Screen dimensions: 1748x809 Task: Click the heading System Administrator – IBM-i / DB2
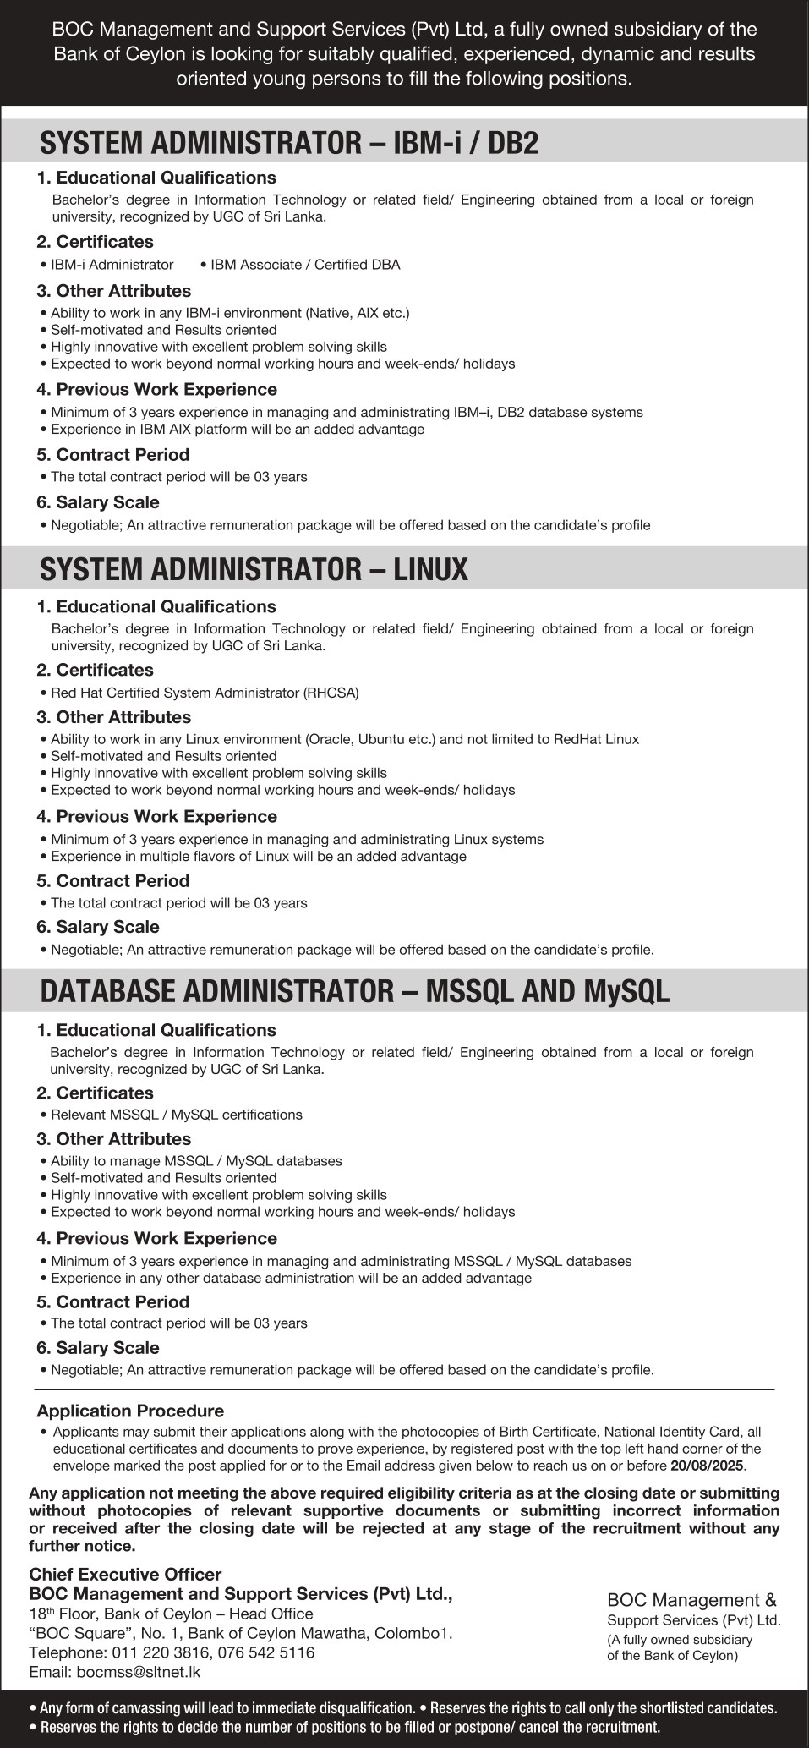(x=289, y=143)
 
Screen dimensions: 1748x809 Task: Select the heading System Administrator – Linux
(x=254, y=569)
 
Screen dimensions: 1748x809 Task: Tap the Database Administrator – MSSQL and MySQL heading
(x=355, y=991)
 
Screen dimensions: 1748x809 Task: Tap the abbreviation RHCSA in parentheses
(x=331, y=693)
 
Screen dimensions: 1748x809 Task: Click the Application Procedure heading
(x=130, y=1411)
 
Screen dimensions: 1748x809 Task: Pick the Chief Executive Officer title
(x=125, y=1574)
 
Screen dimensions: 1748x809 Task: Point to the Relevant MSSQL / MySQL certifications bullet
(x=176, y=1115)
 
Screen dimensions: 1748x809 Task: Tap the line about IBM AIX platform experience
(x=237, y=429)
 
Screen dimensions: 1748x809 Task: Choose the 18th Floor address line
(x=171, y=1614)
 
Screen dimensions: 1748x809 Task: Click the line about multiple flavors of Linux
(x=258, y=856)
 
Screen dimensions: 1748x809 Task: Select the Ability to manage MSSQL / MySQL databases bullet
(x=196, y=1161)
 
